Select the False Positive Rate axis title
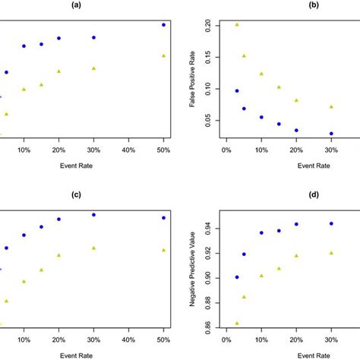tap(195, 78)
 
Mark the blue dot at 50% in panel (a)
tap(163, 25)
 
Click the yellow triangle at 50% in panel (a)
tap(163, 55)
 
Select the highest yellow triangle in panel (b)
tap(237, 24)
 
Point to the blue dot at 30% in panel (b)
tap(331, 134)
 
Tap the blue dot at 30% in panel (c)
tap(93, 215)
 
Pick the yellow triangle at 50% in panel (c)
tap(163, 250)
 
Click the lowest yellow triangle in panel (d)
tap(237, 323)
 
